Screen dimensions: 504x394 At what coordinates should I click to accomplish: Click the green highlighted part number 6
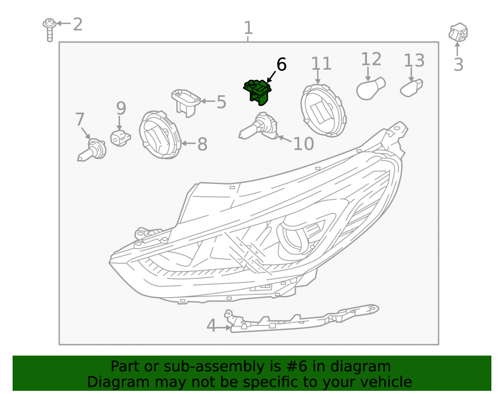point(258,92)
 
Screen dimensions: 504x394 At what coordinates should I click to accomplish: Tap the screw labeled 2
point(49,30)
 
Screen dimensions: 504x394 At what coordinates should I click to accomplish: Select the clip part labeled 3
point(458,32)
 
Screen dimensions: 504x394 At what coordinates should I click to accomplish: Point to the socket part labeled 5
point(186,102)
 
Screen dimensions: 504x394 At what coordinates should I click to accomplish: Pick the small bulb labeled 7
point(92,149)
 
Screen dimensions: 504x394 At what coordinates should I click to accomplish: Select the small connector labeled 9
point(120,138)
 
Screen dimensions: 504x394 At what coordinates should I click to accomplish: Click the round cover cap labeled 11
point(324,110)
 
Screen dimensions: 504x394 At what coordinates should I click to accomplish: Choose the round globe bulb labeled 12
point(371,88)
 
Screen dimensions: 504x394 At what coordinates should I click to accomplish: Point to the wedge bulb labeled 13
point(411,88)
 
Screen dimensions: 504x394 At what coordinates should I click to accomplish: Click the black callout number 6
point(281,65)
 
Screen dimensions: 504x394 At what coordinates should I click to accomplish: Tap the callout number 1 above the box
point(248,28)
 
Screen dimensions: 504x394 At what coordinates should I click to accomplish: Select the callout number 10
point(303,144)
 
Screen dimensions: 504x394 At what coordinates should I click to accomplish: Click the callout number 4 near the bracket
point(211,325)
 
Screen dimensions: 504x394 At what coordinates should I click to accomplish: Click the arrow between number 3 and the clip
point(457,49)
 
